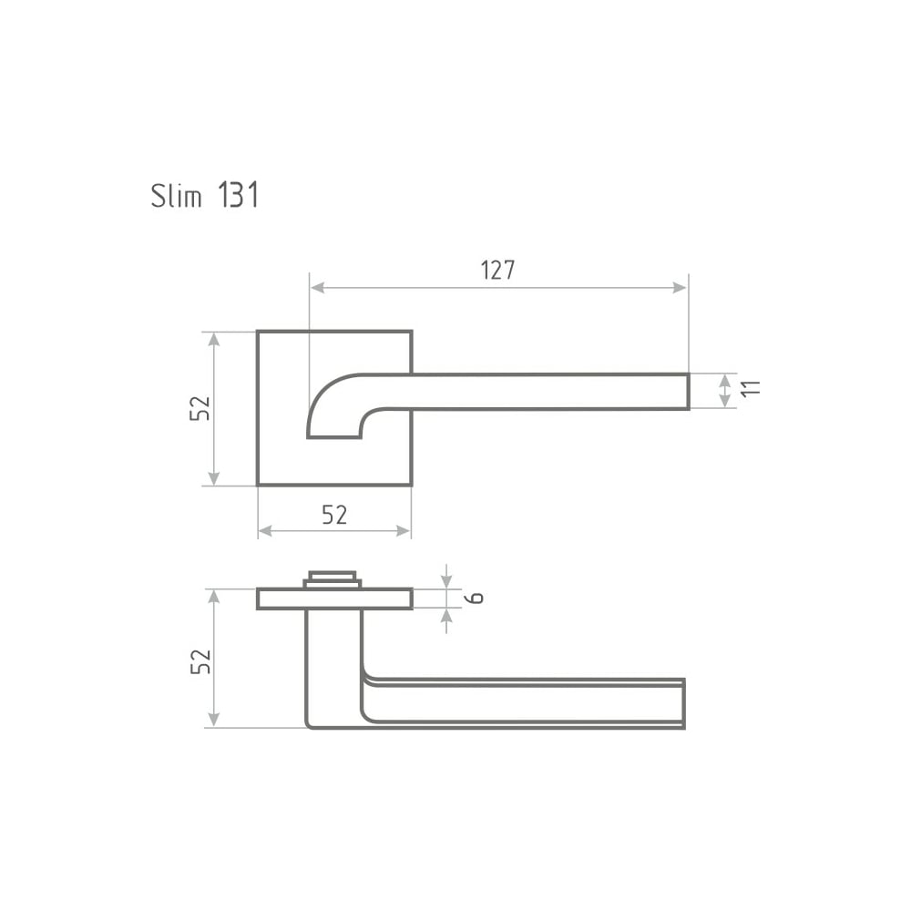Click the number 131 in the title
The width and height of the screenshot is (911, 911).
pyautogui.click(x=238, y=195)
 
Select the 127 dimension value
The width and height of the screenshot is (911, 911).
pyautogui.click(x=498, y=271)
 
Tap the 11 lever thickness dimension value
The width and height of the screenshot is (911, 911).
pyautogui.click(x=751, y=389)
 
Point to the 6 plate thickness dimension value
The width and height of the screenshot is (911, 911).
pyautogui.click(x=476, y=598)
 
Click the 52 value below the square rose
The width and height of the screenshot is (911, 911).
pyautogui.click(x=334, y=515)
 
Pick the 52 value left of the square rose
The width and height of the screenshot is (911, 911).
pyautogui.click(x=200, y=408)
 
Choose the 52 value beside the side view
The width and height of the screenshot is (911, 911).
pyautogui.click(x=200, y=661)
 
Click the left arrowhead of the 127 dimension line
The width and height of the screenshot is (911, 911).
pyautogui.click(x=317, y=288)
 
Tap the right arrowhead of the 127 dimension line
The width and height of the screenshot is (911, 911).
pyautogui.click(x=680, y=288)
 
